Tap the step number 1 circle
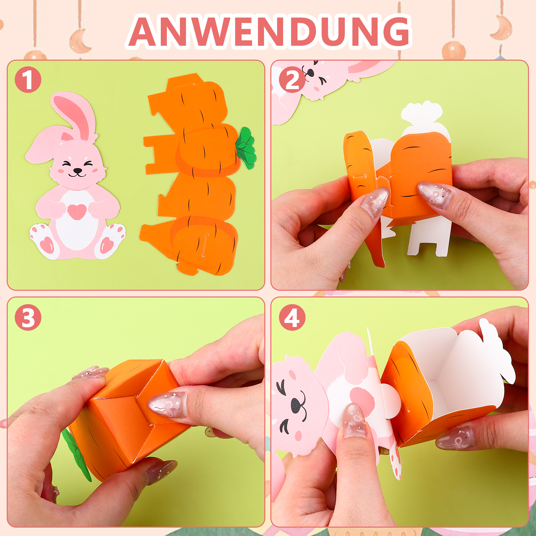28,80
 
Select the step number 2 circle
292,80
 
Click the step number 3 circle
28,318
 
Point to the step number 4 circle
292,318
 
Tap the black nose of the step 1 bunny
77,171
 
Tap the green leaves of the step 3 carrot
76,454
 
